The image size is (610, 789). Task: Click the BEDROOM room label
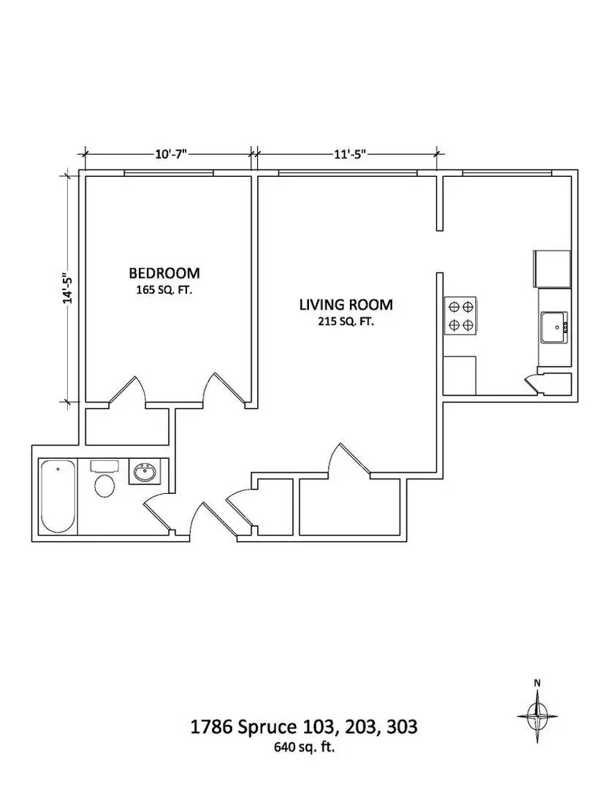(x=164, y=273)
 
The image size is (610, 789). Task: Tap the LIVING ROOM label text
(x=346, y=305)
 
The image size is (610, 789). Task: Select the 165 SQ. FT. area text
(x=164, y=290)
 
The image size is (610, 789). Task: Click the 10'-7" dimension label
(x=171, y=154)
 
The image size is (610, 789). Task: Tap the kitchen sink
(x=554, y=326)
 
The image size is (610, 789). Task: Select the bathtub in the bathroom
(x=58, y=497)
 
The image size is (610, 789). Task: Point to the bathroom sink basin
(x=145, y=473)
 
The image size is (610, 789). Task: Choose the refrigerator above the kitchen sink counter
(x=553, y=269)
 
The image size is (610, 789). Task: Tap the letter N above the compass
(x=538, y=683)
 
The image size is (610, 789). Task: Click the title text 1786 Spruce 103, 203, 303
(x=304, y=728)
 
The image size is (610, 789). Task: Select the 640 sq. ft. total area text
(x=304, y=747)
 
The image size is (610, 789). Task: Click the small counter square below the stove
(x=460, y=375)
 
